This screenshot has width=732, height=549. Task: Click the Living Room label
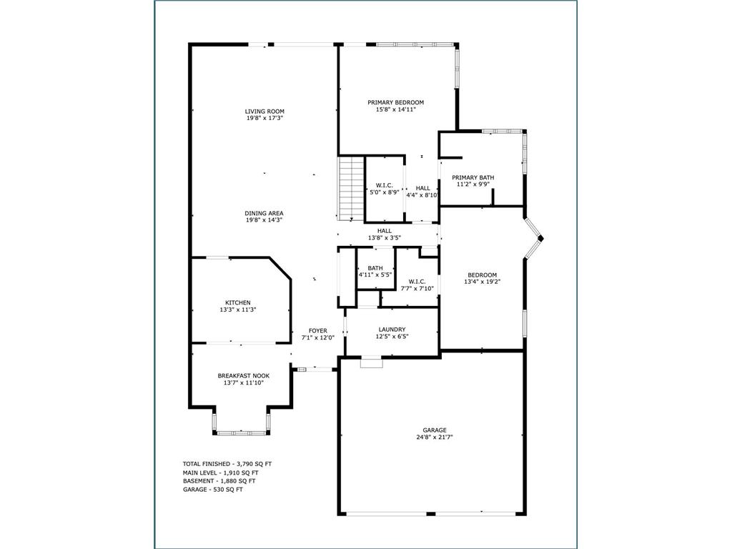[264, 111]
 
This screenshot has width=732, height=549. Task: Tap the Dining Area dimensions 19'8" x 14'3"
[264, 220]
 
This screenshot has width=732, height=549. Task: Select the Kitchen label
[238, 302]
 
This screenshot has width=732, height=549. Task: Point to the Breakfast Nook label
[244, 376]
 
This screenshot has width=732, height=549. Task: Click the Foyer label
[318, 330]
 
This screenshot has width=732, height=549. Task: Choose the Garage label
[435, 430]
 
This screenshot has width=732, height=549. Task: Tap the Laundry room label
[392, 329]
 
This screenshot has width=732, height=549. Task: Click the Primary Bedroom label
[396, 102]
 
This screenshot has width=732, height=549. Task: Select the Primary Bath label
[473, 177]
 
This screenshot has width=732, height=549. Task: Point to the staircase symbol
[351, 189]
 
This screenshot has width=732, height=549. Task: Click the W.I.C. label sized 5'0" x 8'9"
[384, 185]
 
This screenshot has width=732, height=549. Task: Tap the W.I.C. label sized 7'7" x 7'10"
[417, 282]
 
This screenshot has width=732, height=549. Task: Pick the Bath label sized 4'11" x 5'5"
[375, 268]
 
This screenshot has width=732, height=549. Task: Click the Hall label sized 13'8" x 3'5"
[385, 231]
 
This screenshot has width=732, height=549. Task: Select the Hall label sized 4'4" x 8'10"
[423, 188]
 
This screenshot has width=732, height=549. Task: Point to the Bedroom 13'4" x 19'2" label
[483, 275]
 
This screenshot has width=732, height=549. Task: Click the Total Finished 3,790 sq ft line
[227, 464]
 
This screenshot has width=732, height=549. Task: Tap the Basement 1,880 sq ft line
[219, 481]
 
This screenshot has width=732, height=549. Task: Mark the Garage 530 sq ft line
[213, 489]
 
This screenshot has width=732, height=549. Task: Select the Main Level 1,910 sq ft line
[220, 473]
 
